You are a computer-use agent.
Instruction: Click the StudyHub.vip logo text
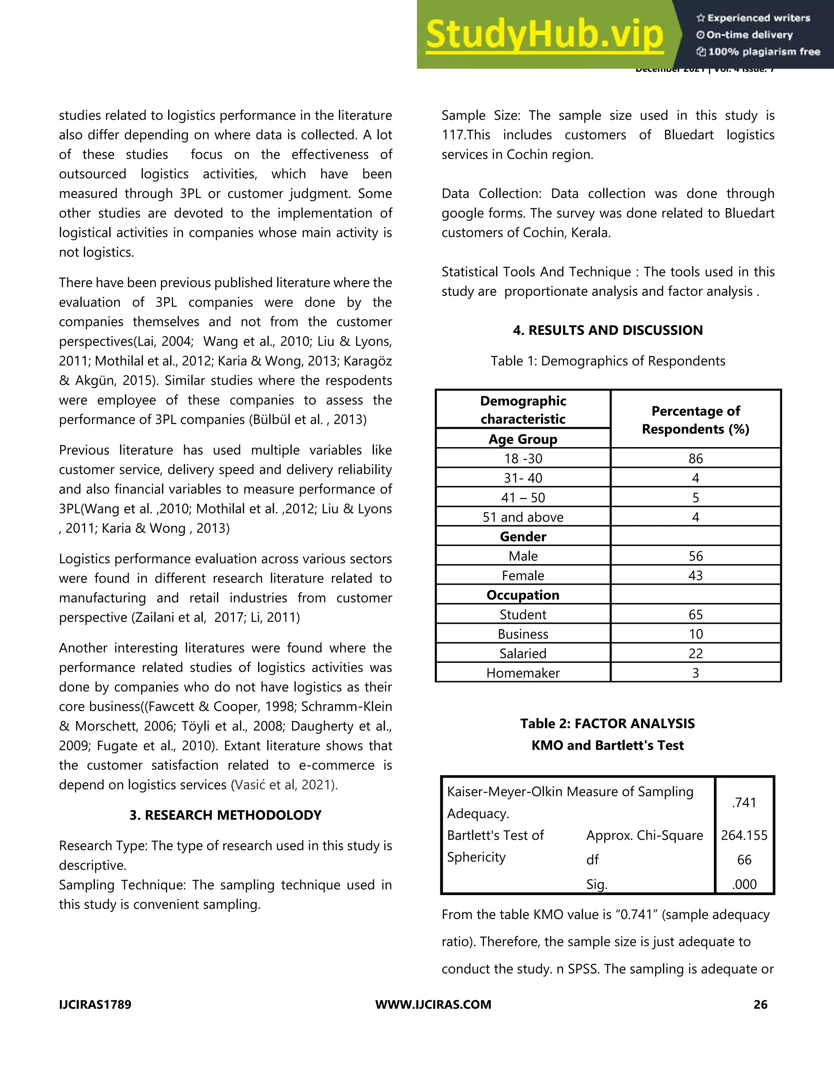tap(544, 35)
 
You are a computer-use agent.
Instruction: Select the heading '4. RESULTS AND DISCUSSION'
tap(608, 330)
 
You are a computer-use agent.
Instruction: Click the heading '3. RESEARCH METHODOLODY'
tap(225, 815)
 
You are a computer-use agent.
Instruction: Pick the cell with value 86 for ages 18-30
tap(695, 458)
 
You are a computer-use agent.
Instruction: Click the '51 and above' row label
tap(523, 517)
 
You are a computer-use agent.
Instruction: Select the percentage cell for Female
tap(695, 576)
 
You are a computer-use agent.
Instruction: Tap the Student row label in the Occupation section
tap(523, 614)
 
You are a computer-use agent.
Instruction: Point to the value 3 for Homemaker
tap(695, 673)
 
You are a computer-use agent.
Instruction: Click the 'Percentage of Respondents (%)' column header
tap(695, 419)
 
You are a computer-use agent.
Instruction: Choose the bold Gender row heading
tap(523, 537)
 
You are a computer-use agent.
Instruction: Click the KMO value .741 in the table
tap(744, 803)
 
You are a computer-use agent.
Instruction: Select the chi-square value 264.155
tap(744, 836)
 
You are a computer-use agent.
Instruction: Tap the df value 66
tap(744, 860)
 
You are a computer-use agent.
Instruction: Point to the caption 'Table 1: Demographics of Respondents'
tap(608, 361)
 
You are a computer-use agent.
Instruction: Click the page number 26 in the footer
tap(760, 1004)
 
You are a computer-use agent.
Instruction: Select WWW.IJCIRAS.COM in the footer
tap(433, 1004)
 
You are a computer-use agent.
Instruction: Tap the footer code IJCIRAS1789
tap(95, 1004)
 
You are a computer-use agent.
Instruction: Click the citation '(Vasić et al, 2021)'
tap(284, 785)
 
